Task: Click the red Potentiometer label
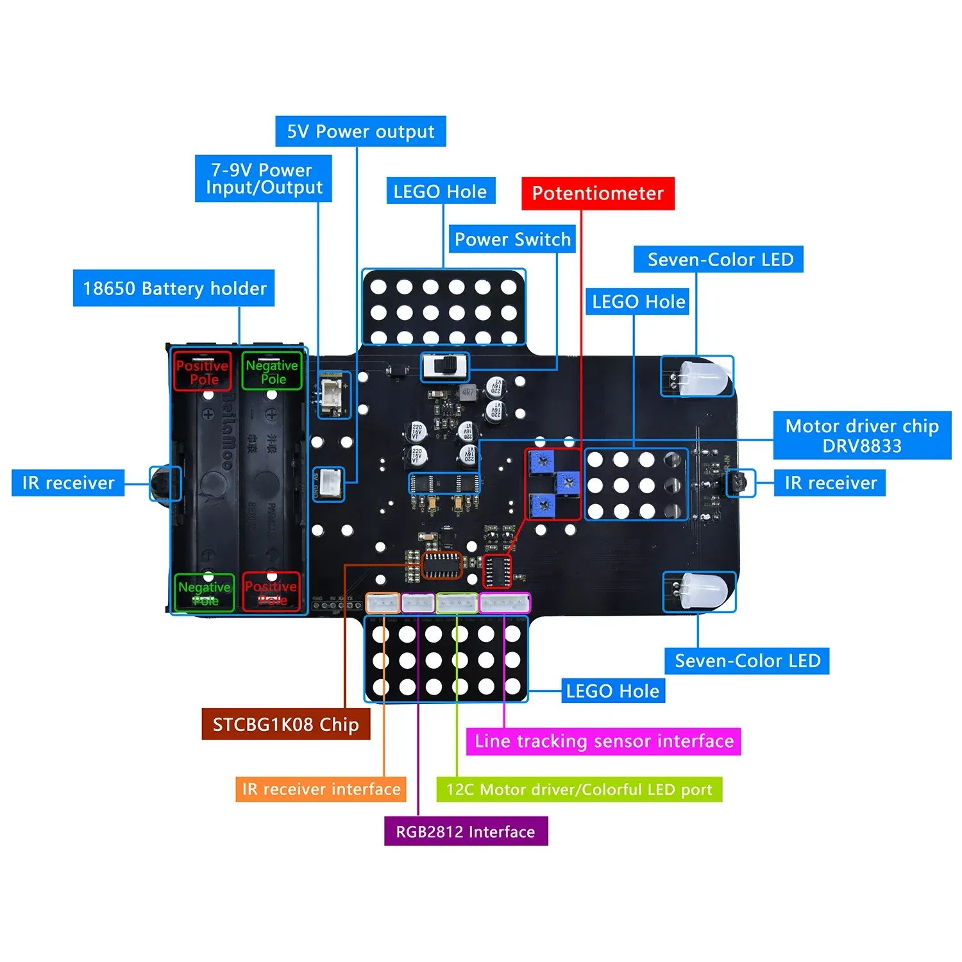click(598, 193)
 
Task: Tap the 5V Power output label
click(360, 131)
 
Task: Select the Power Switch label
click(512, 239)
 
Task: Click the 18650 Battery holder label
click(174, 288)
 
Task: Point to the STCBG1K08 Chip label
click(285, 724)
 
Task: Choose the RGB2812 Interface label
click(466, 831)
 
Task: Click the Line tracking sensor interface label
click(603, 741)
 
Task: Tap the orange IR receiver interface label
click(321, 789)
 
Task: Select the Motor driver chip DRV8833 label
click(862, 435)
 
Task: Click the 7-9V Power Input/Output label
click(264, 178)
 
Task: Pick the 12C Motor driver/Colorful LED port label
click(579, 789)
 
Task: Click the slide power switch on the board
click(445, 366)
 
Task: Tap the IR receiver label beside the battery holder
click(68, 482)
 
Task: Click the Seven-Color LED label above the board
click(718, 259)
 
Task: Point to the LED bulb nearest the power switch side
click(704, 377)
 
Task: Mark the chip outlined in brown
click(442, 565)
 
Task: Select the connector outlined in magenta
click(505, 603)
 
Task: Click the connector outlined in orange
click(383, 603)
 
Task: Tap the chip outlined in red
click(496, 571)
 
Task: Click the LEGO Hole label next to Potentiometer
click(440, 191)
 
